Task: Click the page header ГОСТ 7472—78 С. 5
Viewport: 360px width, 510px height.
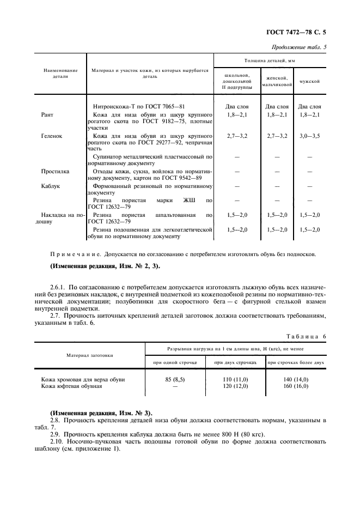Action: [x=300, y=32]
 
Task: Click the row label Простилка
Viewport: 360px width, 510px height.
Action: [x=56, y=171]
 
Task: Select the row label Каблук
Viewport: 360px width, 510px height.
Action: [x=51, y=186]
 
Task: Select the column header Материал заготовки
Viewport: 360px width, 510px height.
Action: [x=90, y=355]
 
